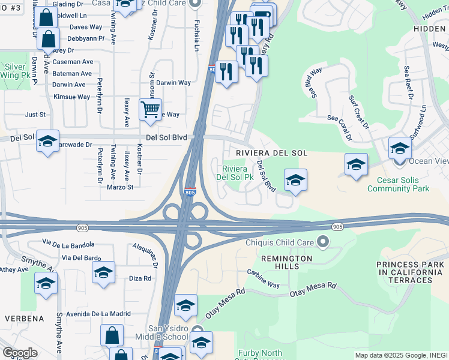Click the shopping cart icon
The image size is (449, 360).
(x=150, y=109)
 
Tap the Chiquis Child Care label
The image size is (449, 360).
(x=280, y=242)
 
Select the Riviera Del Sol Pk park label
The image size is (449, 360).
(x=237, y=173)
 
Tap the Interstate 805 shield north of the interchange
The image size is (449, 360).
(x=189, y=190)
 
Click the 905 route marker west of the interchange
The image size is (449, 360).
(x=83, y=227)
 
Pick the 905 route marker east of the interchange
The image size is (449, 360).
(x=337, y=226)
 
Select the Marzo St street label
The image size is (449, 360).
(x=120, y=187)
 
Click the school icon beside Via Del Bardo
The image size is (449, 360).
(x=103, y=272)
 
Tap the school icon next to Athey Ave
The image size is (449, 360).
(x=45, y=283)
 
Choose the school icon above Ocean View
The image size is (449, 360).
(x=400, y=148)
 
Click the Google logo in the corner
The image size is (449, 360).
(x=20, y=352)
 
